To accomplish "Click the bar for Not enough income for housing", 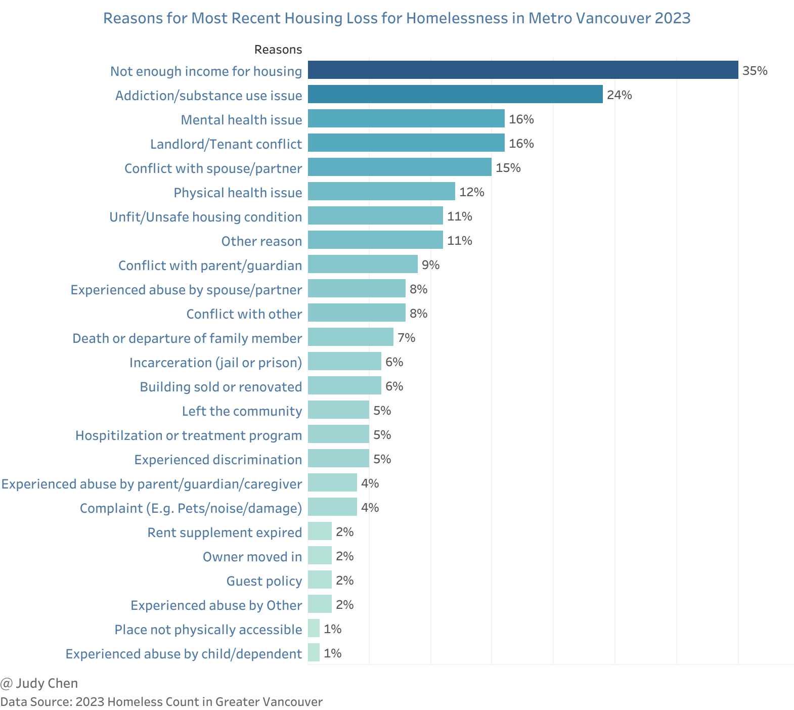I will click(522, 70).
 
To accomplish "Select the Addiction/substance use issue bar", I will click(455, 94).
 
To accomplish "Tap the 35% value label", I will click(755, 71).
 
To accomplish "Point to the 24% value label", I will click(619, 95).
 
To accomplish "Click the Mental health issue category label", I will click(241, 120).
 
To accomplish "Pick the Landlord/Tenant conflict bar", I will click(406, 143).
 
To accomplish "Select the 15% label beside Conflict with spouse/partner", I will click(508, 168).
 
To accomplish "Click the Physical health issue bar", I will click(381, 191).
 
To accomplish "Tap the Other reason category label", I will click(261, 241).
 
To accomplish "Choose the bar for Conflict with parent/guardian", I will click(363, 264).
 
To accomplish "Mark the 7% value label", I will click(406, 338).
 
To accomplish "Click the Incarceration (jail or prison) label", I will click(215, 363).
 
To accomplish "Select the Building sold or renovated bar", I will click(344, 385).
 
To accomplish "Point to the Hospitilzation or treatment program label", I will click(189, 435).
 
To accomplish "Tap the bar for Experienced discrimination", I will click(338, 458).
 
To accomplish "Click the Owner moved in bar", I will click(320, 555).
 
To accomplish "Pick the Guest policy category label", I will click(264, 581).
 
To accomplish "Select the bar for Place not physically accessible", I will click(314, 628).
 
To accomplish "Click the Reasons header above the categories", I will click(278, 50).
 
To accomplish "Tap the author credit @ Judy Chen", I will click(39, 683).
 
